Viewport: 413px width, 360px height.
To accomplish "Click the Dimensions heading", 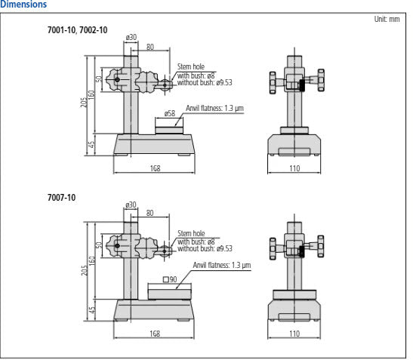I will click(23, 5).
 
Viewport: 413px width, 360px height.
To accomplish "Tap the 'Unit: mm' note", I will click(387, 20).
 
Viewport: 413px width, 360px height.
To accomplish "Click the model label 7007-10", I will click(61, 198).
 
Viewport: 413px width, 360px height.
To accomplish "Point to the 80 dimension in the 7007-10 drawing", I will click(150, 214).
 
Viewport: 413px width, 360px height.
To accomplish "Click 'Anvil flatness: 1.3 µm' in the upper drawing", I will click(214, 107).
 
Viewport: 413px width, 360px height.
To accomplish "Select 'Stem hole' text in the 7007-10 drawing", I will click(191, 233).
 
